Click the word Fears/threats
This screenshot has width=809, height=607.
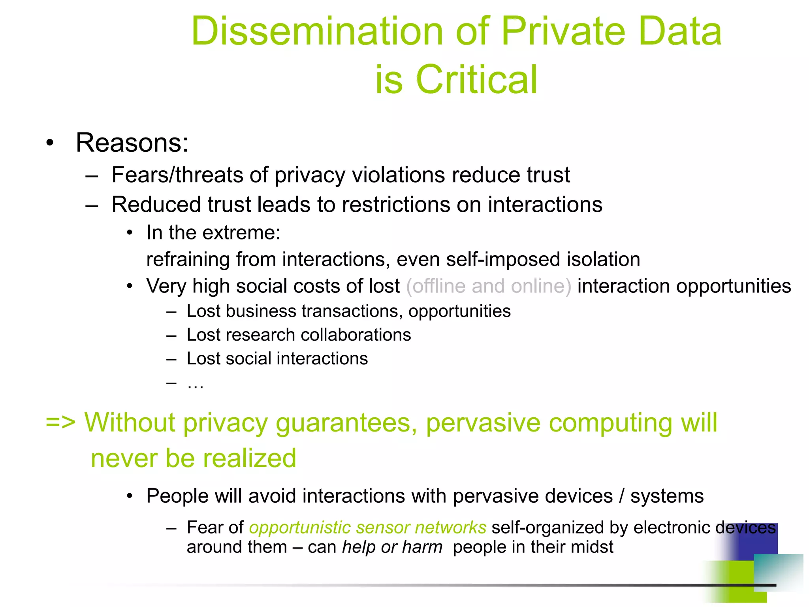tap(176, 175)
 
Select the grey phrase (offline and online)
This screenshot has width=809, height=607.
tap(489, 286)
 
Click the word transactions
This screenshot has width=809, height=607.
tap(352, 311)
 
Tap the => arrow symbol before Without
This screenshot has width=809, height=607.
tap(60, 422)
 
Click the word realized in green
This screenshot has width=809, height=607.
tap(249, 458)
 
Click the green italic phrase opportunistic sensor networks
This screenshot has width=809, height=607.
tap(367, 528)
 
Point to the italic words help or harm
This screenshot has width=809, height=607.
tap(392, 547)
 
